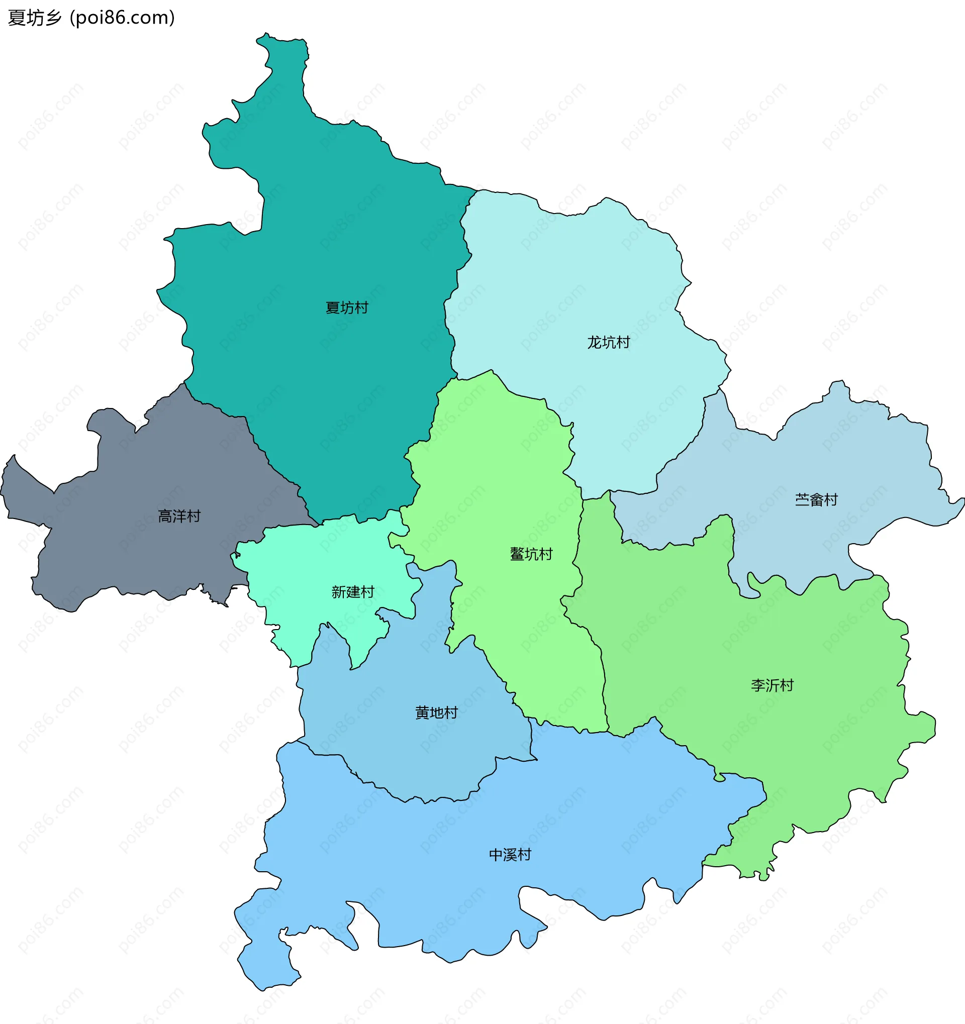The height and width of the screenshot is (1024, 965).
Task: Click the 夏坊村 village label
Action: (x=347, y=308)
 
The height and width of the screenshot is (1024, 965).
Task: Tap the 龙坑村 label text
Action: (x=609, y=342)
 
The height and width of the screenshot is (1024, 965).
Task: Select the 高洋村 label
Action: (x=179, y=516)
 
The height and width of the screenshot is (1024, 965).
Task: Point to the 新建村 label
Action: (x=352, y=592)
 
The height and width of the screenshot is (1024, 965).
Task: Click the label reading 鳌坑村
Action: (x=531, y=554)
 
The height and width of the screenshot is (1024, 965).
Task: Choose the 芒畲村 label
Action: (x=816, y=499)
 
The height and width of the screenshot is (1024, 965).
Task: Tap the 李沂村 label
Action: (x=772, y=685)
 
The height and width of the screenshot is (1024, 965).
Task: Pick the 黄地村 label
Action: (x=436, y=712)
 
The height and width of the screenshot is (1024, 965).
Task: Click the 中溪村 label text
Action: (x=510, y=855)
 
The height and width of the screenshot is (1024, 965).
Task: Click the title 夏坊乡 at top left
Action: (x=35, y=18)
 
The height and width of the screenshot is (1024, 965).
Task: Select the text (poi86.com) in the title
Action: (x=123, y=18)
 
